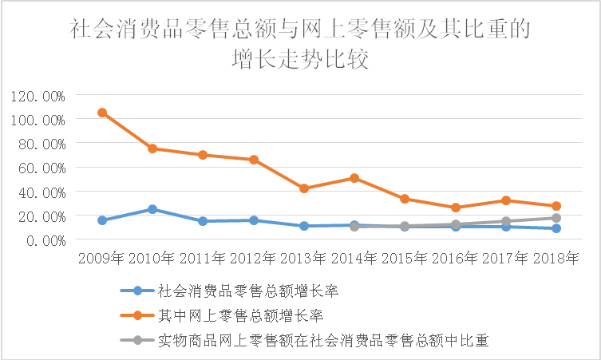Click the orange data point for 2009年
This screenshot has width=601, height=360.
[102, 113]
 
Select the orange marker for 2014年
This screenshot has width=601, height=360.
[354, 178]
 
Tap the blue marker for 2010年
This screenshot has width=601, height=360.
[152, 209]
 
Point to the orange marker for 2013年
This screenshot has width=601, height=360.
[304, 188]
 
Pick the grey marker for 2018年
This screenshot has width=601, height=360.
[556, 218]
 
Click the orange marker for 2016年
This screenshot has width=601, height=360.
[456, 208]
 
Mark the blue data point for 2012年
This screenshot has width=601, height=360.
[254, 220]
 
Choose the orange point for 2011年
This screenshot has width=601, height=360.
[203, 155]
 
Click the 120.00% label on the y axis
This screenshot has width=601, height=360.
[38, 96]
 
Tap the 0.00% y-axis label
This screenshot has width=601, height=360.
[44, 240]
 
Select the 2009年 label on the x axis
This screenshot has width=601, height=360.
[101, 259]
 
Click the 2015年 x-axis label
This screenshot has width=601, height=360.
[405, 259]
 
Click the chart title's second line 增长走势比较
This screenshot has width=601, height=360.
[300, 61]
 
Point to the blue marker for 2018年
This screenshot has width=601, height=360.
[556, 229]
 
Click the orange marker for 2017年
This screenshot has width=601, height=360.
[506, 200]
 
